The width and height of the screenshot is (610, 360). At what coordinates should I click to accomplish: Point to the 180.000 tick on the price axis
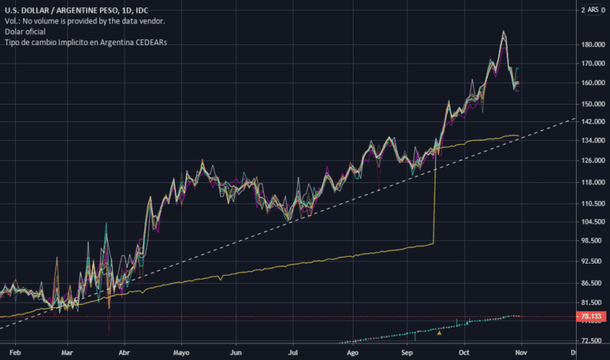592,45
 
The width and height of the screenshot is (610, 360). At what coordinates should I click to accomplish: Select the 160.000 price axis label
592,83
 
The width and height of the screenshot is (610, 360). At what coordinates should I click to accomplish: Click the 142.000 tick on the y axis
592,122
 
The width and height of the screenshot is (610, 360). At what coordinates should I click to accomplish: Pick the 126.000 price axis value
592,161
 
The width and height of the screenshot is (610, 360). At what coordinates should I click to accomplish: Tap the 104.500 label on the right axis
592,223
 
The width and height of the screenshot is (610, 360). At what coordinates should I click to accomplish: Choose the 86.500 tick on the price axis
592,283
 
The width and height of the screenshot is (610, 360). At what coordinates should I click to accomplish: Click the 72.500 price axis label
592,341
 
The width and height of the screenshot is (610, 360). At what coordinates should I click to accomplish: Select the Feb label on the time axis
14,351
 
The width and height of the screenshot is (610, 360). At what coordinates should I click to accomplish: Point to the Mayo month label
181,351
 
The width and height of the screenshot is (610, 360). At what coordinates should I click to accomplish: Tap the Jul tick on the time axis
293,351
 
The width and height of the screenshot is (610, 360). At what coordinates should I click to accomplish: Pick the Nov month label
519,351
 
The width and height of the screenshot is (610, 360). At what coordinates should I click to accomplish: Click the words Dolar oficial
25,30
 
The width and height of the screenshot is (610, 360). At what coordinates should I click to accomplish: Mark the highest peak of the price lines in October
504,32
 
